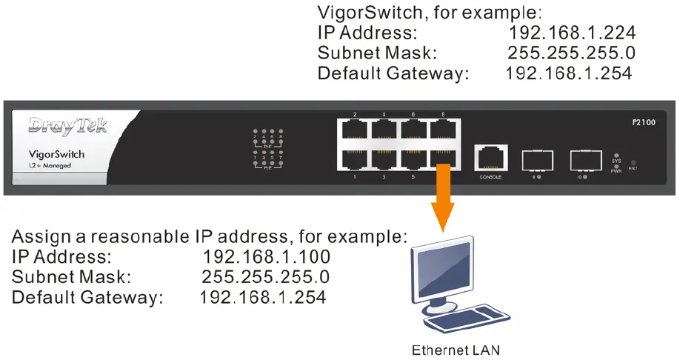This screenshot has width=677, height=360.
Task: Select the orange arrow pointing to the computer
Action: (442, 196)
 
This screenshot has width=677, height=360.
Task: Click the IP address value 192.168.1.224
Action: (573, 33)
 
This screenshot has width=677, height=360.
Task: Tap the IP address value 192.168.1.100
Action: (266, 257)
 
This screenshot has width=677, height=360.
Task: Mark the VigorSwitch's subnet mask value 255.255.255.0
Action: (571, 53)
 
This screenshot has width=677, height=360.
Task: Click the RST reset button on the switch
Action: (633, 161)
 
